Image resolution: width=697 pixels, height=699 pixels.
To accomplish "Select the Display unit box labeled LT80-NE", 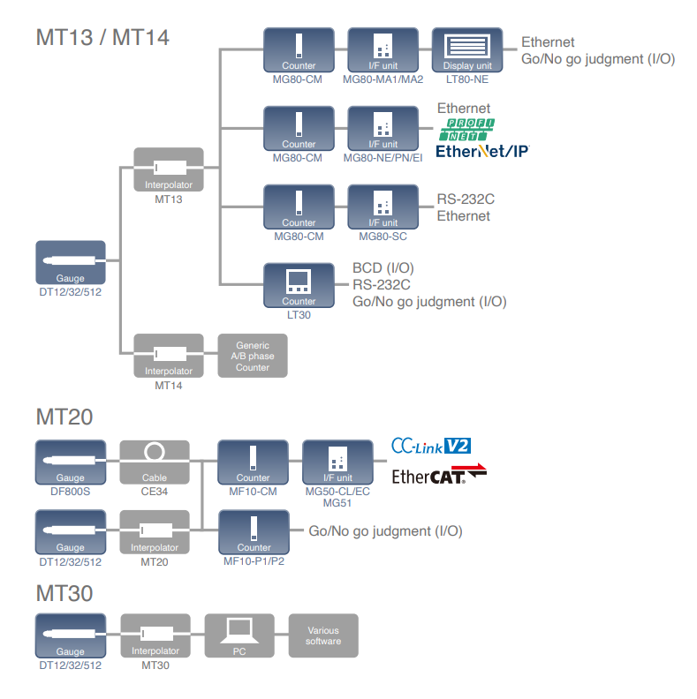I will point(467,50).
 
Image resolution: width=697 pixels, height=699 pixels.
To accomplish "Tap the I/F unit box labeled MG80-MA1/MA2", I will point(383,50).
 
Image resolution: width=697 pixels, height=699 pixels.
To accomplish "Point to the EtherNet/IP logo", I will point(482,151).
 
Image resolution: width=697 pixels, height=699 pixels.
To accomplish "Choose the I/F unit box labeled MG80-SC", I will point(383,207).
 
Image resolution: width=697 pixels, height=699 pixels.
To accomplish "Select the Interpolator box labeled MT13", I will point(168,169).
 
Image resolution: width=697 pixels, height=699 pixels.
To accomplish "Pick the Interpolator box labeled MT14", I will point(168,356).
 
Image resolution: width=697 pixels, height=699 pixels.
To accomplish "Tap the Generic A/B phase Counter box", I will point(253,356).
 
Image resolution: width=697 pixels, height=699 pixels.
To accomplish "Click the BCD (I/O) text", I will point(383,267).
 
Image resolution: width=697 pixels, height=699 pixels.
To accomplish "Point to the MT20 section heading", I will point(64,417).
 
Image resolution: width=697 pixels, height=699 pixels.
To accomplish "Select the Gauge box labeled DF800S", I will point(71,462).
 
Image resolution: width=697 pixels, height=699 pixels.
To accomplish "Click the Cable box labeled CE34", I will point(155,462).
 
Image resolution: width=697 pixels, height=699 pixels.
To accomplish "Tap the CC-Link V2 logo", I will point(432,446).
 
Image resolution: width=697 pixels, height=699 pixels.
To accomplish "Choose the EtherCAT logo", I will point(439,476).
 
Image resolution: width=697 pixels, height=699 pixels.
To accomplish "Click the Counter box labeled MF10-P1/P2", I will point(254,532).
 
